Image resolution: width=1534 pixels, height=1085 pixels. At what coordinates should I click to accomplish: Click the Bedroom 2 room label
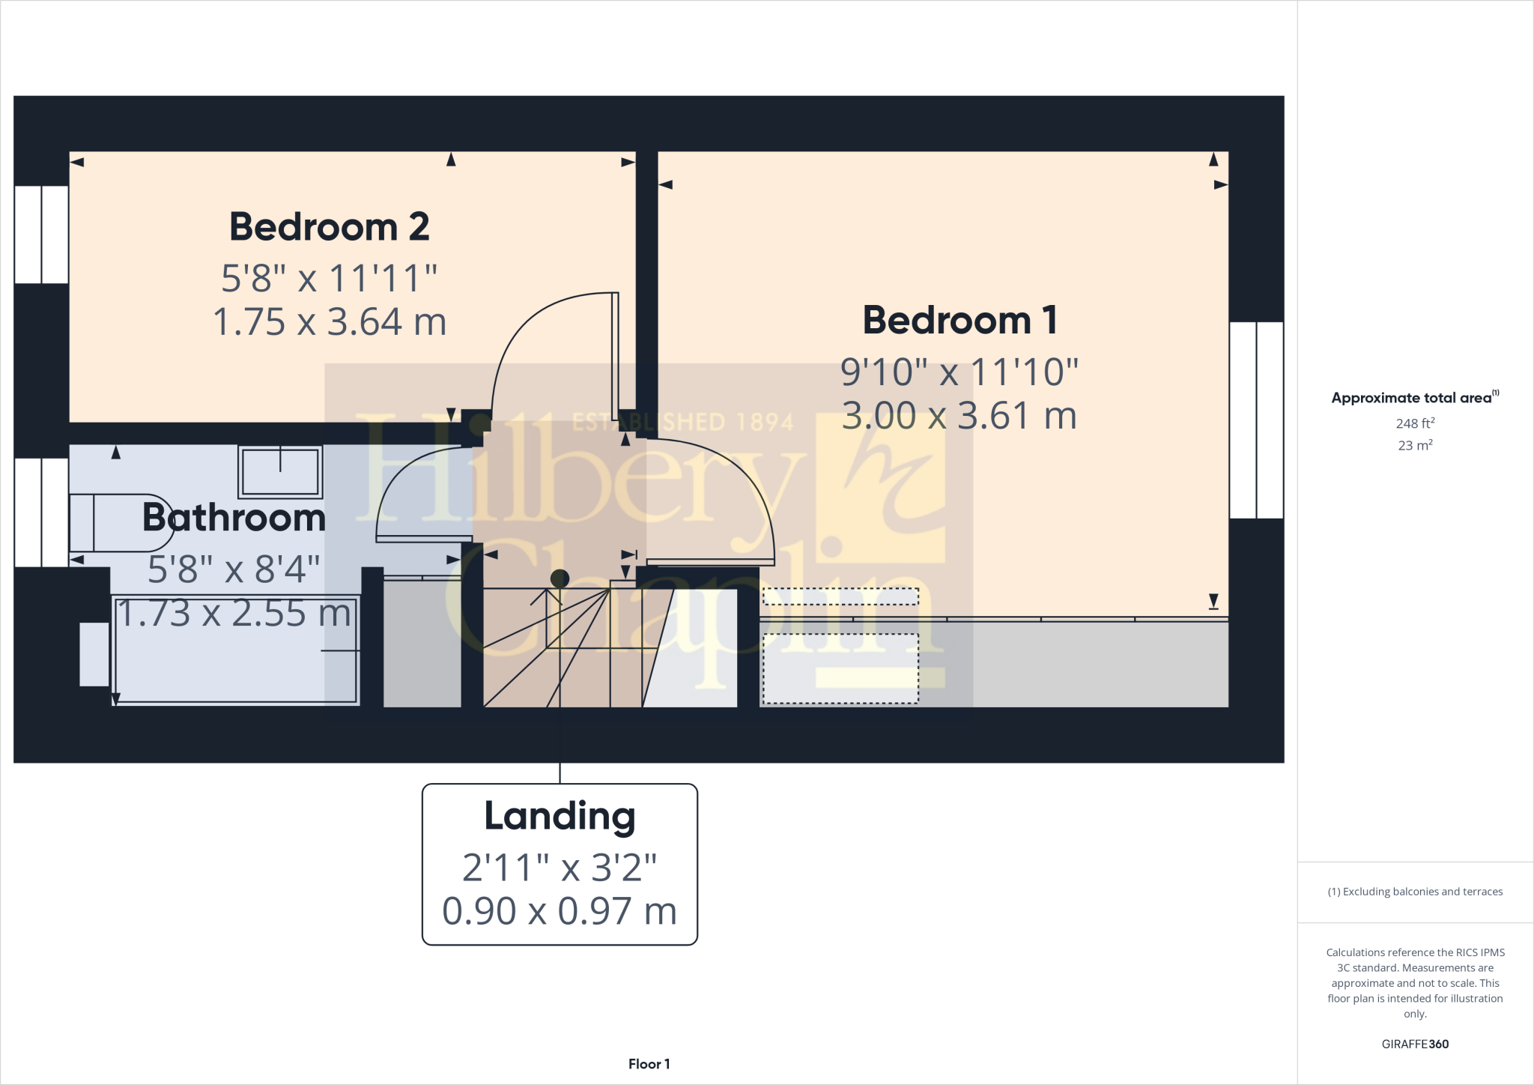(x=329, y=227)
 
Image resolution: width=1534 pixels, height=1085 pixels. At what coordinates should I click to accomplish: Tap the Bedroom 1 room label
(x=959, y=320)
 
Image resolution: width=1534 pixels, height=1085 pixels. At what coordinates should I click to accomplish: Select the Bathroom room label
(x=234, y=518)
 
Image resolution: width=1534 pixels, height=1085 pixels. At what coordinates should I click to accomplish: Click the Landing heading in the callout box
(x=560, y=816)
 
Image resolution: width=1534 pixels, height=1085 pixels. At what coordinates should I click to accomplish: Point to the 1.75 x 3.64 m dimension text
(x=330, y=322)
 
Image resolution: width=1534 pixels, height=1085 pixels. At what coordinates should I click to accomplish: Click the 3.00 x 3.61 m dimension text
(x=959, y=416)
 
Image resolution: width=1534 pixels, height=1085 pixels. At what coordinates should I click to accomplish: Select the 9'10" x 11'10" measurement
(x=959, y=372)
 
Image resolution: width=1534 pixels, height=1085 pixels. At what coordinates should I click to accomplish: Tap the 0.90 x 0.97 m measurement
(x=560, y=911)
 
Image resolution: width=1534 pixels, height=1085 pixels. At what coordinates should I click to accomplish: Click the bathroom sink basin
(x=280, y=472)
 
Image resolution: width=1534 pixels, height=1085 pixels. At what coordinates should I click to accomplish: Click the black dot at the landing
(x=560, y=578)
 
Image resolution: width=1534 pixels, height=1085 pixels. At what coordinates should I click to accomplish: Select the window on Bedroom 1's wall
(x=1256, y=420)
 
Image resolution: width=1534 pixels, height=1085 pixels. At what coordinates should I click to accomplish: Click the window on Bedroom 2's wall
(x=42, y=235)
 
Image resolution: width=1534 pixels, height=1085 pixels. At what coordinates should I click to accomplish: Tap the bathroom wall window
(x=42, y=513)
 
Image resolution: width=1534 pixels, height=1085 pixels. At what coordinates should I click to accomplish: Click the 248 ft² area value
(x=1415, y=423)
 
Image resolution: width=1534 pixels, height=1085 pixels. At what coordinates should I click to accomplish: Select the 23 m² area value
(x=1415, y=445)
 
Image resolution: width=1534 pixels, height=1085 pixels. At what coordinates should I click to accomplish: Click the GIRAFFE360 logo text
(x=1415, y=1044)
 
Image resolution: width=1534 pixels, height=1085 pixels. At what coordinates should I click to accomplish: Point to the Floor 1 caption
(x=649, y=1064)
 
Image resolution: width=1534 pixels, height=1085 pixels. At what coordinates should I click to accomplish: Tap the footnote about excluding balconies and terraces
(x=1415, y=892)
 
